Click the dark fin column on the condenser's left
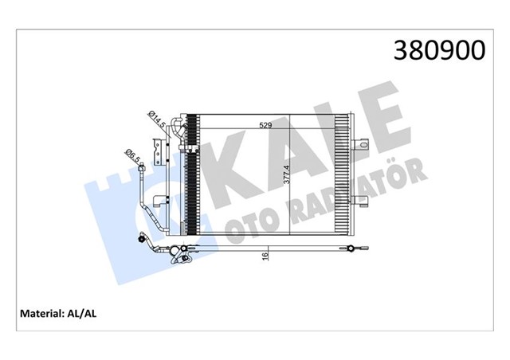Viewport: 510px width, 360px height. tap(190, 179)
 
